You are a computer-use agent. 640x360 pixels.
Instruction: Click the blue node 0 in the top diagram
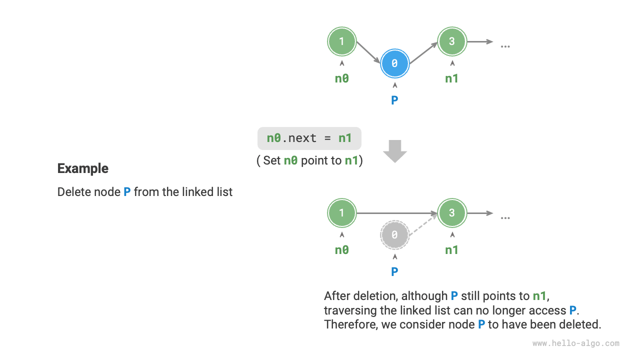[x=394, y=63]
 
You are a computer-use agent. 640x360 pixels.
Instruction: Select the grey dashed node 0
[x=394, y=234]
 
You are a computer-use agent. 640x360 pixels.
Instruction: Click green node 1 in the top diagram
[x=341, y=41]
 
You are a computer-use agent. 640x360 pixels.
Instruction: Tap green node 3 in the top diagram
[x=452, y=41]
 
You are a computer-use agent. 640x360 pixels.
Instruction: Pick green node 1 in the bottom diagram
[x=341, y=213]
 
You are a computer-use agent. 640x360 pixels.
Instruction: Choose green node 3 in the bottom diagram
[x=452, y=213]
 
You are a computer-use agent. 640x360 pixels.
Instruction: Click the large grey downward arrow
[x=395, y=151]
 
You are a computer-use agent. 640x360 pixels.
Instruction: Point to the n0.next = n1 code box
[x=309, y=138]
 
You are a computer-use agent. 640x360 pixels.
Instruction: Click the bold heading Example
[x=82, y=168]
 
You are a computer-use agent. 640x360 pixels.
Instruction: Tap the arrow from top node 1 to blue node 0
[x=368, y=52]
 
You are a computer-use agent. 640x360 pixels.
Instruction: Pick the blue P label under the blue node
[x=394, y=100]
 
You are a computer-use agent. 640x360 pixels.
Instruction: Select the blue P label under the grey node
[x=394, y=271]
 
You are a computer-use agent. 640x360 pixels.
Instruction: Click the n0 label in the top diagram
[x=341, y=78]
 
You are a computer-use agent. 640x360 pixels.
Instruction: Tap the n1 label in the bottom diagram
[x=452, y=250]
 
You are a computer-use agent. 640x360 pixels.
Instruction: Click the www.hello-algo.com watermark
[x=575, y=343]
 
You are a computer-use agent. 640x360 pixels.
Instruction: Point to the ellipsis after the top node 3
[x=505, y=45]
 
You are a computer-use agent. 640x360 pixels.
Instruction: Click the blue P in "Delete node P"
[x=127, y=192]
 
